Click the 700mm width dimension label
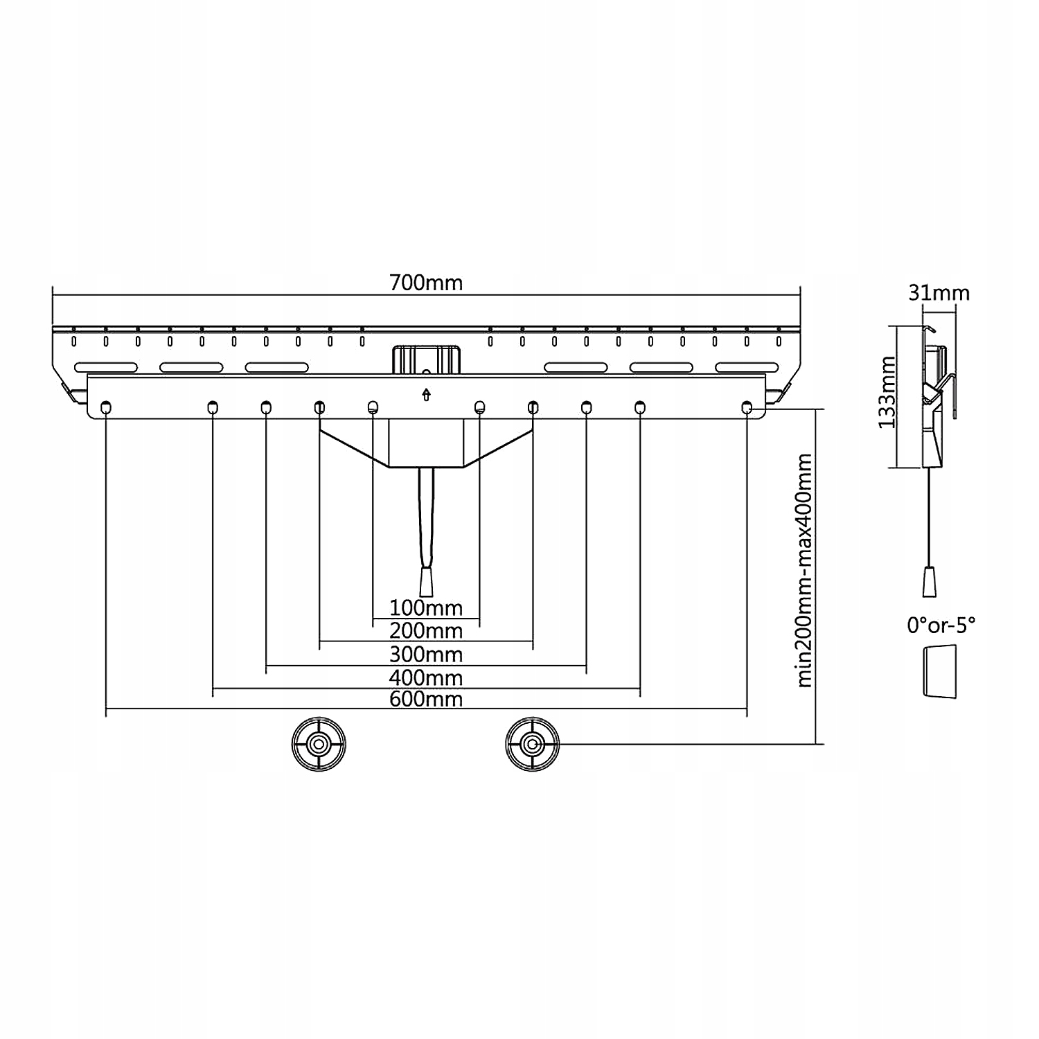(x=425, y=283)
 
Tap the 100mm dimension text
(x=425, y=608)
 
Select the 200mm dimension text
(x=425, y=631)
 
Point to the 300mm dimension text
(x=425, y=654)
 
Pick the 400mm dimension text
(x=425, y=677)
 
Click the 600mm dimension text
(x=425, y=698)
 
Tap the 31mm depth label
(x=939, y=293)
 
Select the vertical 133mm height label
(x=887, y=392)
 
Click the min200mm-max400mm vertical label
(x=804, y=570)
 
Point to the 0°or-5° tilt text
(x=941, y=625)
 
